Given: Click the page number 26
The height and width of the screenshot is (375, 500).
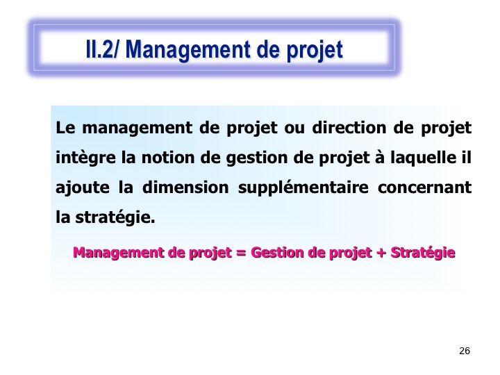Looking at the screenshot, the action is pyautogui.click(x=465, y=351).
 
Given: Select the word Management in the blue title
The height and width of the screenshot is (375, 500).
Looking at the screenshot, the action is pyautogui.click(x=187, y=51).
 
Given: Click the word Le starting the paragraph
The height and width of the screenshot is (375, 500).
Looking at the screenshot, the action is pyautogui.click(x=65, y=128).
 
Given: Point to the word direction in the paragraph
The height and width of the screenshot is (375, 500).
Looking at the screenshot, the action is pyautogui.click(x=349, y=128).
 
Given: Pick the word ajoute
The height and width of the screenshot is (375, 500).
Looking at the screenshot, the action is pyautogui.click(x=82, y=187).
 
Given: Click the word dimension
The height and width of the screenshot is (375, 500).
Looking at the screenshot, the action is pyautogui.click(x=185, y=187).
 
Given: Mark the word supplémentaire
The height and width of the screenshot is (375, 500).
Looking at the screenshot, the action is pyautogui.click(x=303, y=187).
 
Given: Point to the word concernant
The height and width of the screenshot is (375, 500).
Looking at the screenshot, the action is pyautogui.click(x=425, y=187).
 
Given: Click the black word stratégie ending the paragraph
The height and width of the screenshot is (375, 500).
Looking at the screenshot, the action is pyautogui.click(x=115, y=217).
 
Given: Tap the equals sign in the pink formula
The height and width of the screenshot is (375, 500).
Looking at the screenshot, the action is pyautogui.click(x=241, y=253).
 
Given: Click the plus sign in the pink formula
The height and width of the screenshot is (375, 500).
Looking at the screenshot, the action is pyautogui.click(x=381, y=253).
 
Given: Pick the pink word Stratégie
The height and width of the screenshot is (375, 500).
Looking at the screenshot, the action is pyautogui.click(x=423, y=253).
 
